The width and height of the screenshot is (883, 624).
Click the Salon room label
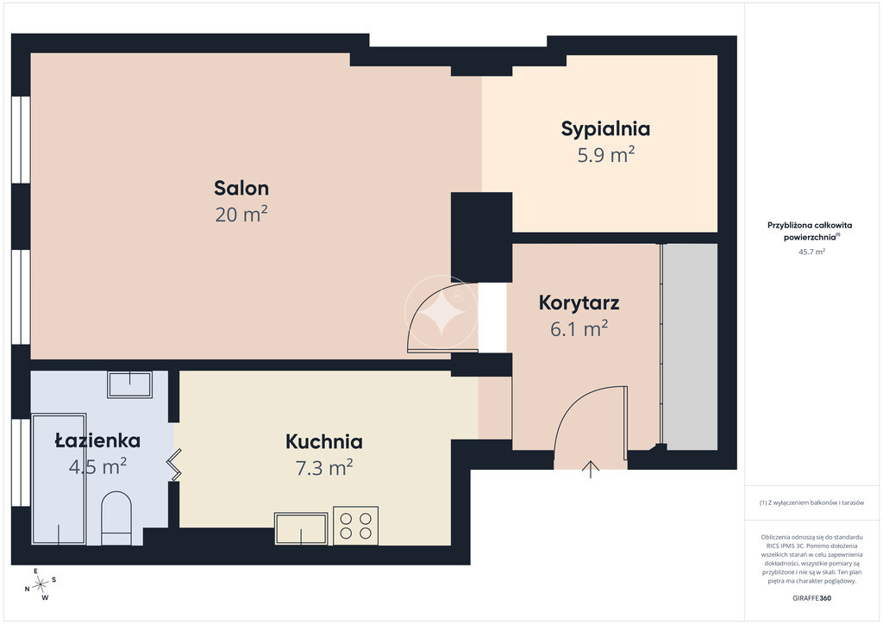pyautogui.click(x=241, y=188)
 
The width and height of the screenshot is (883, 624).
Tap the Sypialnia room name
pyautogui.click(x=605, y=129)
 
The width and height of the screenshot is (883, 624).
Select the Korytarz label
pyautogui.click(x=579, y=303)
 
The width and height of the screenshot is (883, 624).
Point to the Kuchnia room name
pyautogui.click(x=324, y=441)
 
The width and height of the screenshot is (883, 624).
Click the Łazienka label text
pyautogui.click(x=97, y=440)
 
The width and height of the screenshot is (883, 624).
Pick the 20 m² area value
pyautogui.click(x=241, y=215)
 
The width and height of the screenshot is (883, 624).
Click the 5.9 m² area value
pyautogui.click(x=606, y=155)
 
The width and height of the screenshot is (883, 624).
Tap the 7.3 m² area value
pyautogui.click(x=324, y=468)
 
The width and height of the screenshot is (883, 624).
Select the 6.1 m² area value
pyautogui.click(x=579, y=328)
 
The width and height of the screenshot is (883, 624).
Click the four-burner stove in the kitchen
pyautogui.click(x=355, y=526)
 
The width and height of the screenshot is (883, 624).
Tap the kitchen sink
pyautogui.click(x=301, y=528)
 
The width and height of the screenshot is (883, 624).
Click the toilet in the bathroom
pyautogui.click(x=116, y=518)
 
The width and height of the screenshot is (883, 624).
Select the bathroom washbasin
pyautogui.click(x=129, y=384)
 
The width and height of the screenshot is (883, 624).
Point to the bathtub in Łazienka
pyautogui.click(x=59, y=479)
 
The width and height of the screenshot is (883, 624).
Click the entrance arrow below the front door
pyautogui.click(x=590, y=469)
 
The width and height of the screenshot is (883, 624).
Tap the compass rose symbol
pyautogui.click(x=41, y=585)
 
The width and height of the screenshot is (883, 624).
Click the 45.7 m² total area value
pyautogui.click(x=811, y=252)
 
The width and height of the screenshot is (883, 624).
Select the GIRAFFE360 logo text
pyautogui.click(x=811, y=598)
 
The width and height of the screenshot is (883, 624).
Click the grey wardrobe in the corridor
pyautogui.click(x=689, y=346)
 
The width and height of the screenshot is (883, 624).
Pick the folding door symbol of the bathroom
pyautogui.click(x=174, y=465)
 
